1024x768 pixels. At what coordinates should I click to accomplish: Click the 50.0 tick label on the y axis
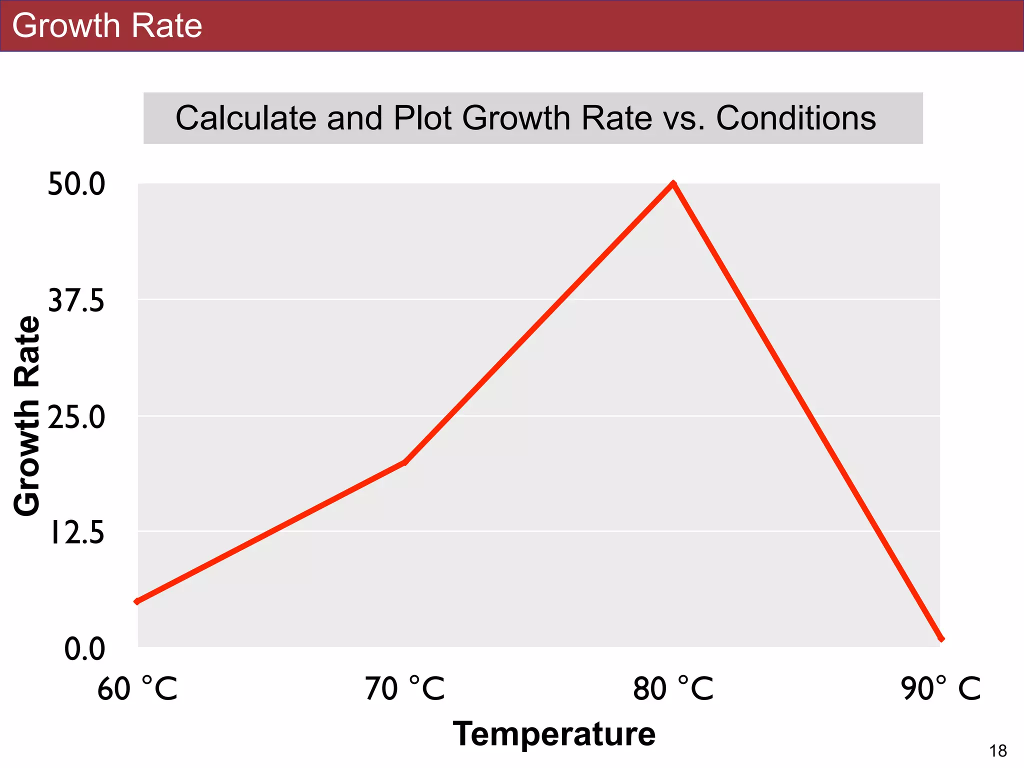(76, 184)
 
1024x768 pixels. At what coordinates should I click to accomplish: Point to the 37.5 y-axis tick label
(76, 301)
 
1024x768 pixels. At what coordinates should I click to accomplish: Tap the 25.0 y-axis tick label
(76, 417)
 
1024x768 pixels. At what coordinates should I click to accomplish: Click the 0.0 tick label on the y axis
(84, 649)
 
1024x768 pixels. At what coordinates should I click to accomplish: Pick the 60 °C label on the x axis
(137, 689)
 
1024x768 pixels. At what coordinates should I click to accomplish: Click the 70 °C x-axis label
(404, 689)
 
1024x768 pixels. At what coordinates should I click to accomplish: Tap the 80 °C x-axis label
(672, 689)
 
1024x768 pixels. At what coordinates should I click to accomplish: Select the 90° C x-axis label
(940, 689)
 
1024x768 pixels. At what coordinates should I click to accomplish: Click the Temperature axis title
(554, 734)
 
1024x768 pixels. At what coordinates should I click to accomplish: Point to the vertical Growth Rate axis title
(26, 416)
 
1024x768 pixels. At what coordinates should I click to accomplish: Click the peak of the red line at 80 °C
(673, 184)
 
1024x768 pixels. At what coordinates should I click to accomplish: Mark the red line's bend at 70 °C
(404, 462)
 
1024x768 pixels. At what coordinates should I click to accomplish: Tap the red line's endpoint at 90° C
(941, 638)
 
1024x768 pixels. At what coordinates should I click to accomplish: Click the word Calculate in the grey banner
(245, 118)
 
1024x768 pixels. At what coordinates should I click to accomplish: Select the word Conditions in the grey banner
(795, 118)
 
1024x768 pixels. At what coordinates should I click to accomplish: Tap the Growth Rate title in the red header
(107, 25)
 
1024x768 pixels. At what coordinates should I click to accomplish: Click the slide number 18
(998, 751)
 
